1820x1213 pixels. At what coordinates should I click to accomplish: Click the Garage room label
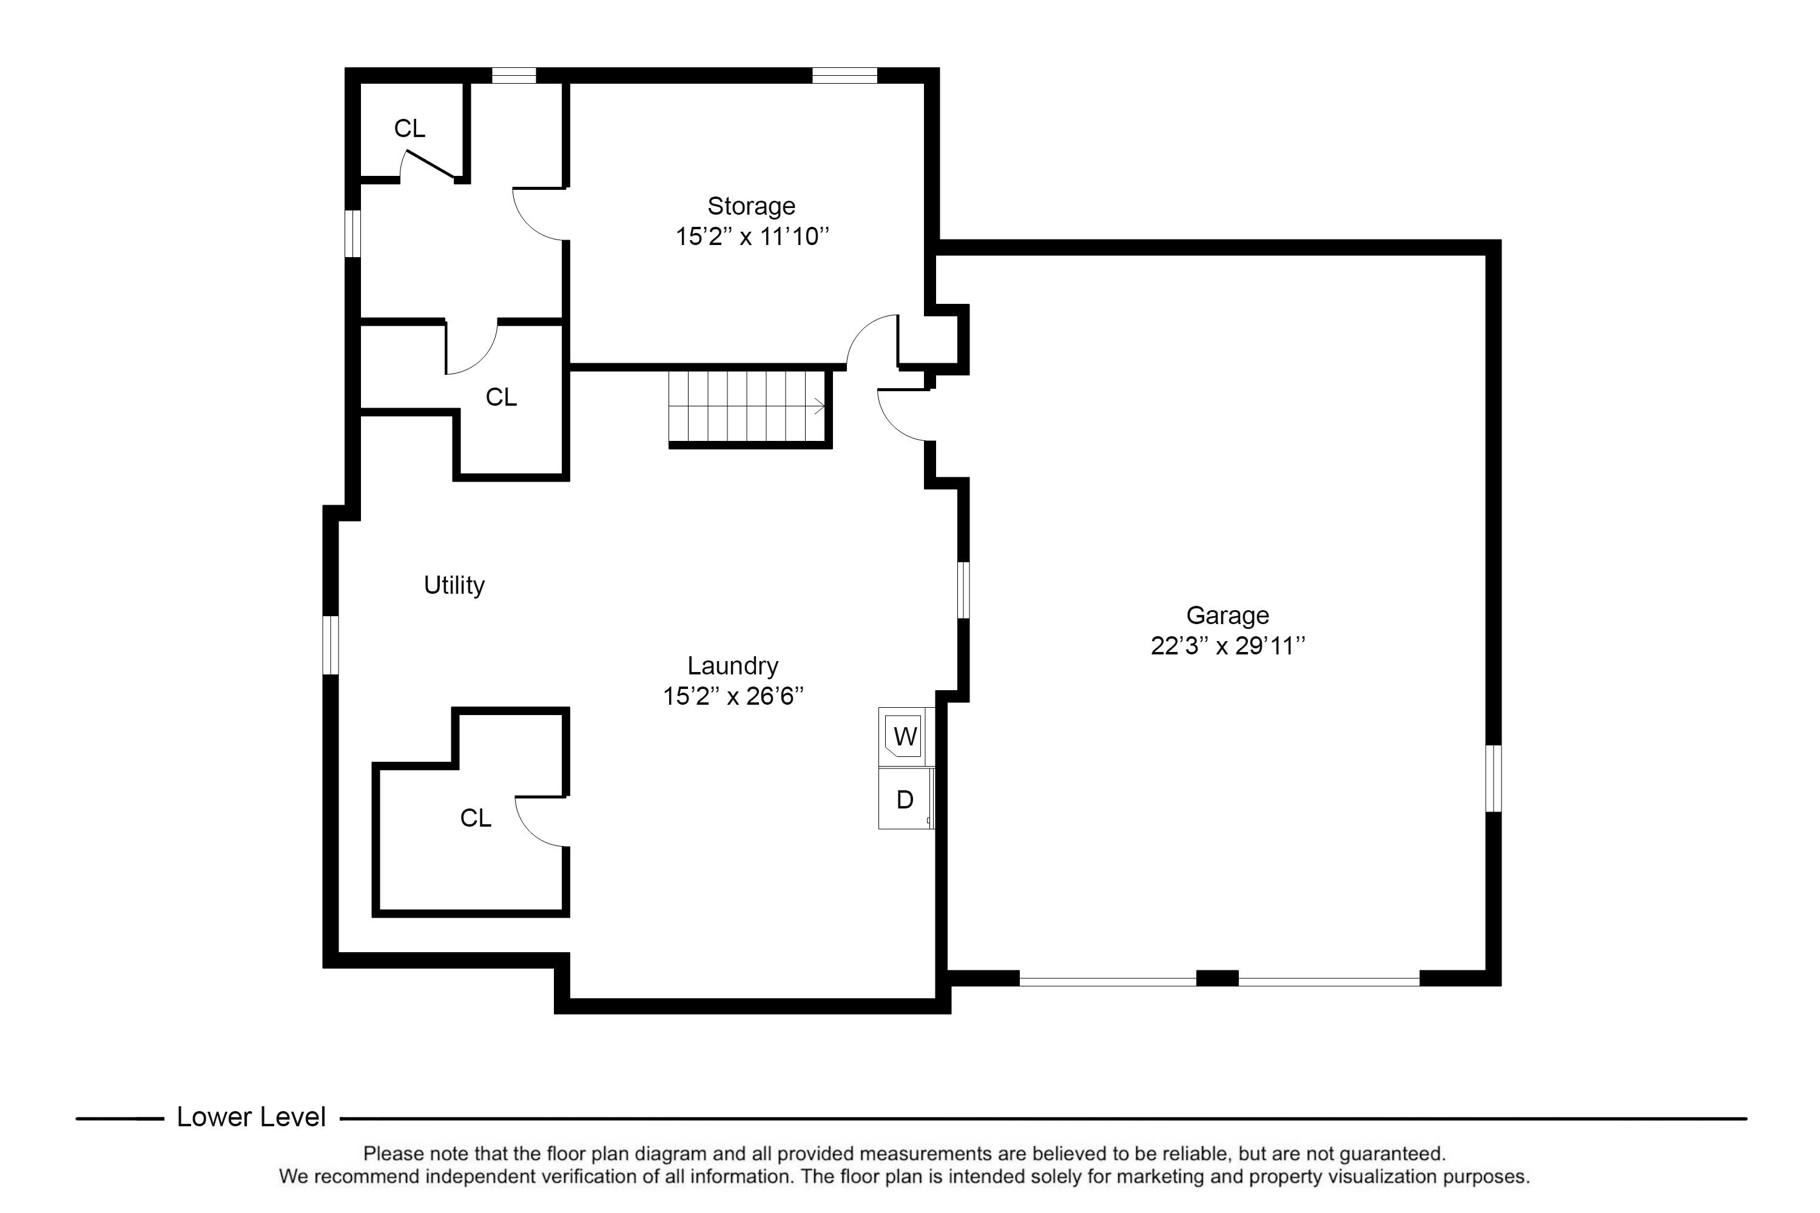(1227, 615)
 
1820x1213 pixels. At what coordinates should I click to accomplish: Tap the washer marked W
(905, 736)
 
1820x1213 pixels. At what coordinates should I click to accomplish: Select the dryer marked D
(905, 799)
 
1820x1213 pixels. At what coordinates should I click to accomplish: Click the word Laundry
(733, 665)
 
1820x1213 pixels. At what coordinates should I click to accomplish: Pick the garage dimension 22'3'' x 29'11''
(1227, 645)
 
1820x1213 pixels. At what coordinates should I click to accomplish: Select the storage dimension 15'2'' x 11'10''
(752, 236)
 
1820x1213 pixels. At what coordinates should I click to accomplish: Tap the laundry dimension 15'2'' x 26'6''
(733, 696)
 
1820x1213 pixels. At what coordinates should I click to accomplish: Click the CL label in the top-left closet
(409, 129)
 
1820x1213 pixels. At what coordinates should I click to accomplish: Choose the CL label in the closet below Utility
(475, 818)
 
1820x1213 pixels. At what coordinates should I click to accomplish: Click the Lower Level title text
(252, 1117)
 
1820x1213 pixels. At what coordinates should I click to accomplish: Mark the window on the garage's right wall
(1494, 778)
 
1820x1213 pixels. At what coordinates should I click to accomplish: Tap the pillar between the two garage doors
(1217, 978)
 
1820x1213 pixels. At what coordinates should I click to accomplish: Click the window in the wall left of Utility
(331, 645)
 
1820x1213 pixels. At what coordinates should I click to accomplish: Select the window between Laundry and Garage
(963, 590)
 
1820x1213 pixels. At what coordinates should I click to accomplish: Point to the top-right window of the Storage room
(844, 76)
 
